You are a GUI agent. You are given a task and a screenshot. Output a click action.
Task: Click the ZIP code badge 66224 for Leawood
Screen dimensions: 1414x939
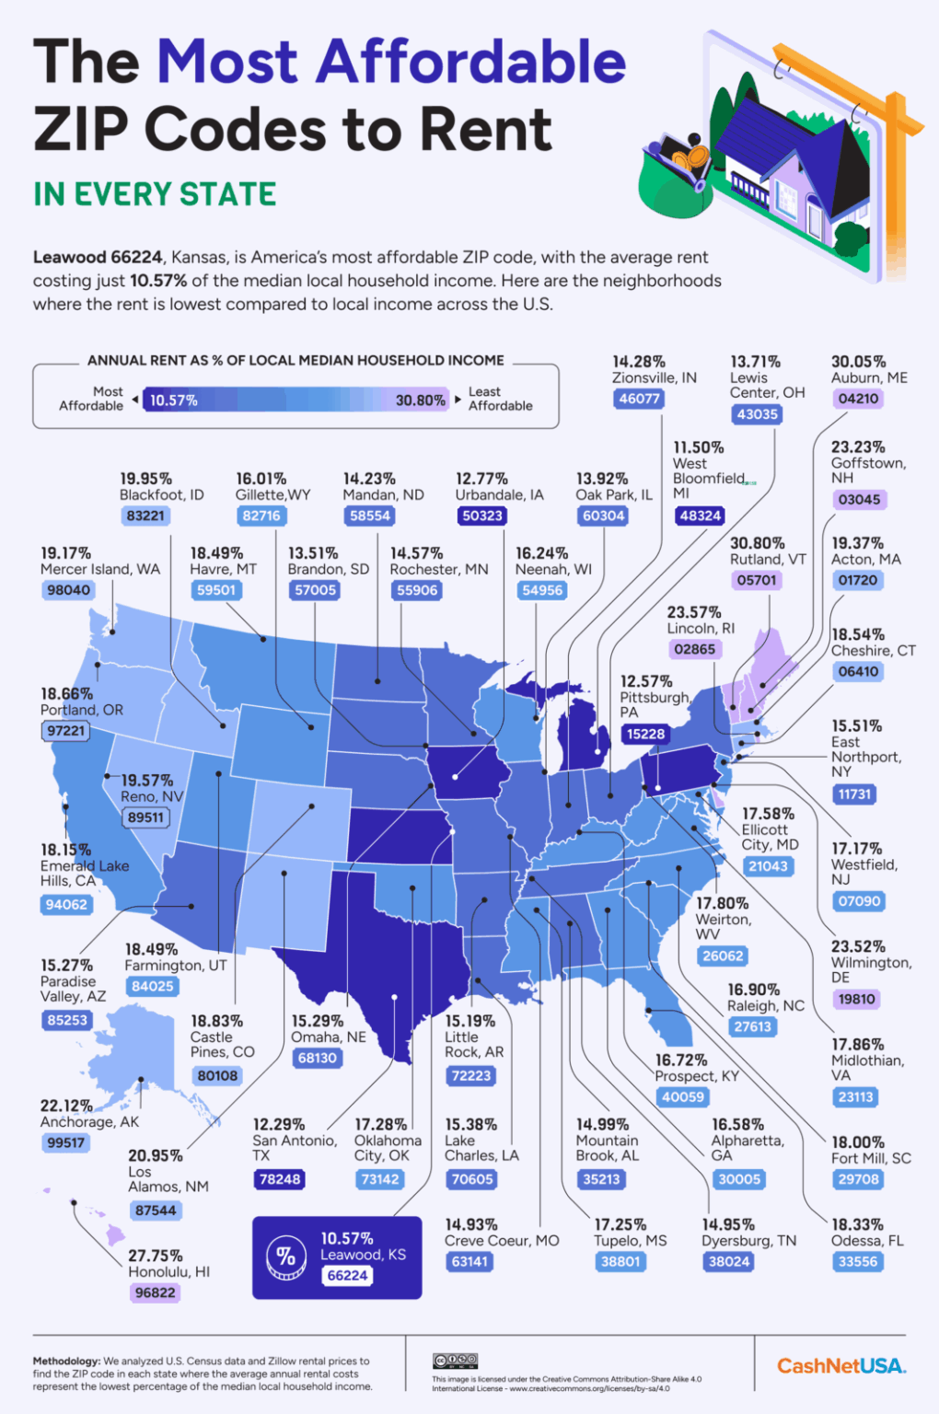pyautogui.click(x=348, y=1275)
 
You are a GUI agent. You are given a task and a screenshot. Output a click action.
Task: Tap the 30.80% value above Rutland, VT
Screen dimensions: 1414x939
pyautogui.click(x=757, y=543)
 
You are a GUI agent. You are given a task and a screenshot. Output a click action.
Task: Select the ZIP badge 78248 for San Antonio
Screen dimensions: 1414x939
pyautogui.click(x=280, y=1179)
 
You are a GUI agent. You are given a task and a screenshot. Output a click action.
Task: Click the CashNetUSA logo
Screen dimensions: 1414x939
pyautogui.click(x=840, y=1366)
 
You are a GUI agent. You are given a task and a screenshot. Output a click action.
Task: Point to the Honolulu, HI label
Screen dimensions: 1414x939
pyautogui.click(x=168, y=1271)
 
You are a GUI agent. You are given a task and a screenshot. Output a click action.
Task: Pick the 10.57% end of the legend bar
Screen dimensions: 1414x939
pyautogui.click(x=174, y=400)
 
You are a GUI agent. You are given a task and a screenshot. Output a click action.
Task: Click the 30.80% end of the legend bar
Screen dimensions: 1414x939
pyautogui.click(x=420, y=400)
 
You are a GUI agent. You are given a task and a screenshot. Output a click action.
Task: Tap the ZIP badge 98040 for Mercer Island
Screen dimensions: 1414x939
pyautogui.click(x=69, y=590)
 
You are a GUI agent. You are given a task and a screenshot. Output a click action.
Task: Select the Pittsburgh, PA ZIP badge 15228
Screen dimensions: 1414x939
pyautogui.click(x=646, y=734)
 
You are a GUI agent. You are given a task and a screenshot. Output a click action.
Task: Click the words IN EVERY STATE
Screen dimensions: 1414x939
pyautogui.click(x=155, y=194)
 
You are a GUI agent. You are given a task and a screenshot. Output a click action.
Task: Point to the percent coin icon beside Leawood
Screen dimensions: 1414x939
pyautogui.click(x=285, y=1258)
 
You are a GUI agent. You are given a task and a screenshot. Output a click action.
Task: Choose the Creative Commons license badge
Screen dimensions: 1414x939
pyautogui.click(x=455, y=1361)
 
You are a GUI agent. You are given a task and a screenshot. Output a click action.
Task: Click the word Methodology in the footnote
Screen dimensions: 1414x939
pyautogui.click(x=66, y=1361)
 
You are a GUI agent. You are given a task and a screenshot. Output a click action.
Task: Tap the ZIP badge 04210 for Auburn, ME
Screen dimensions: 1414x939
pyautogui.click(x=858, y=399)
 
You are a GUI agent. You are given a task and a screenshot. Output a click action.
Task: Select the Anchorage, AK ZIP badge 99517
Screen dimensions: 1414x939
pyautogui.click(x=66, y=1142)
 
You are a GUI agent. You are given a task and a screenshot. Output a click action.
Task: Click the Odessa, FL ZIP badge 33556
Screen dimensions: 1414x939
pyautogui.click(x=858, y=1261)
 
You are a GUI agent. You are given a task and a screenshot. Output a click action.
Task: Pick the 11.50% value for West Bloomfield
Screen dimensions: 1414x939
pyautogui.click(x=698, y=447)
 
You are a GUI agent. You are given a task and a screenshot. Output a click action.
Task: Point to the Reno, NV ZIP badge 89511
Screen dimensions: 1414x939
pyautogui.click(x=146, y=817)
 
